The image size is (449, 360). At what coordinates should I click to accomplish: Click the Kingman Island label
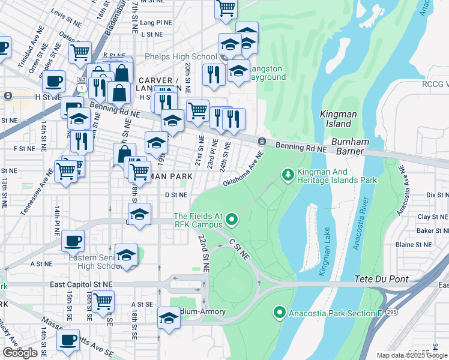336,118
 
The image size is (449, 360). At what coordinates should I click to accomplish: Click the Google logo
20,353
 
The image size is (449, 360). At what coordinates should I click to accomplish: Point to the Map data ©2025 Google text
412,355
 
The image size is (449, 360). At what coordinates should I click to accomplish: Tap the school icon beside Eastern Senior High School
126,254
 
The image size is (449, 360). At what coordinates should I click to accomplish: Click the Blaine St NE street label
414,245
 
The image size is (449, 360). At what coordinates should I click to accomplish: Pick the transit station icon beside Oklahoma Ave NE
262,141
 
